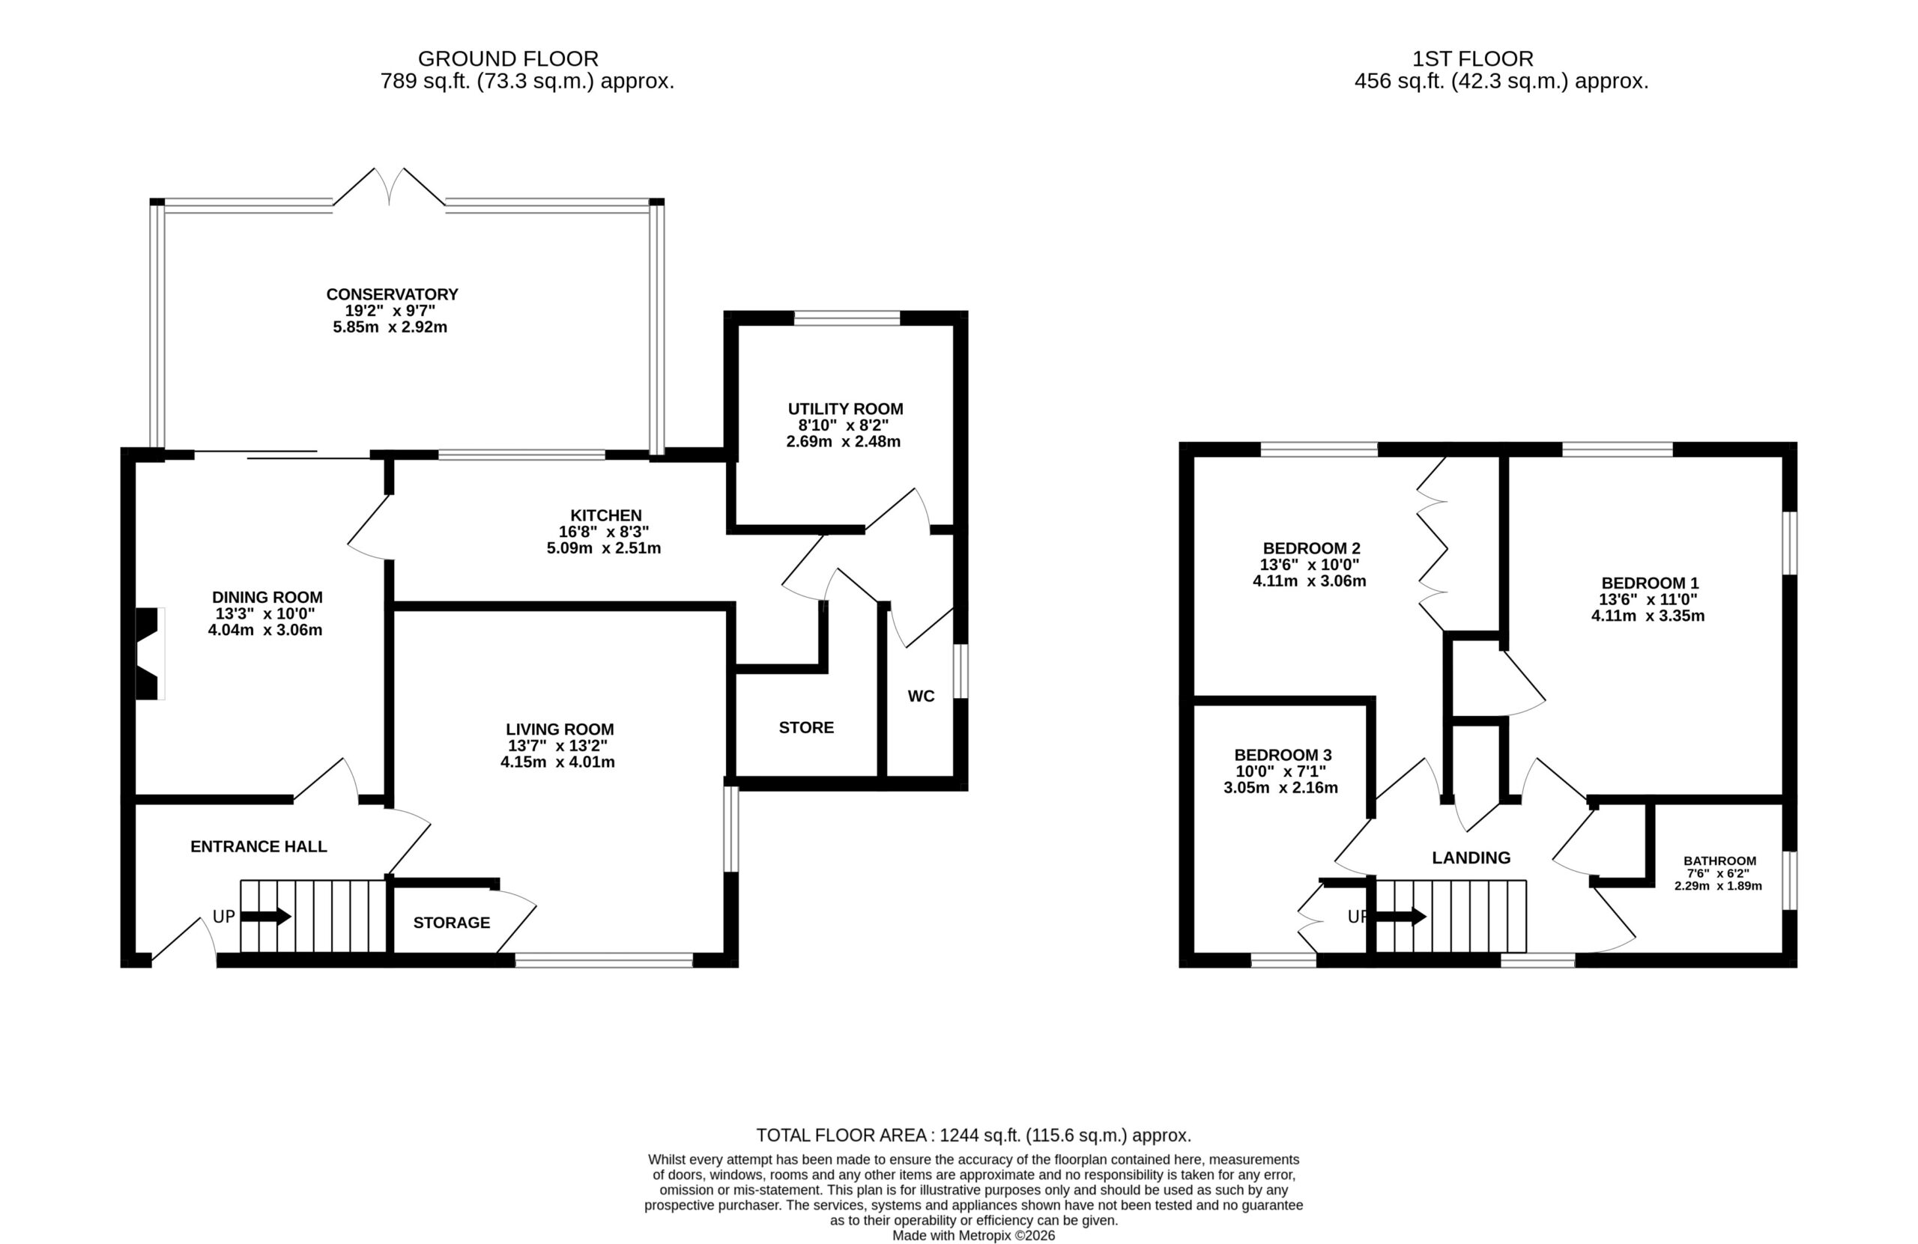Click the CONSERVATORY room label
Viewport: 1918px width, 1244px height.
(x=392, y=295)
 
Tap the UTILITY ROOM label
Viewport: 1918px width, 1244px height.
(x=845, y=409)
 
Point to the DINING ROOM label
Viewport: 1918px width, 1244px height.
(x=267, y=597)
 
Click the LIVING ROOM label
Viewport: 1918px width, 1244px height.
(x=560, y=729)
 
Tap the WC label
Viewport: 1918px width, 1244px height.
(x=921, y=696)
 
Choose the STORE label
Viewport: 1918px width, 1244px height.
(x=806, y=727)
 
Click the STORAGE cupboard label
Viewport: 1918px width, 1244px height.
(x=451, y=923)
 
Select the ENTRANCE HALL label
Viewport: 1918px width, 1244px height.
(x=258, y=846)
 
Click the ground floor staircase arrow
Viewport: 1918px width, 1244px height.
(x=266, y=916)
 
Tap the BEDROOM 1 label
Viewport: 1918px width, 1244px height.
(x=1650, y=583)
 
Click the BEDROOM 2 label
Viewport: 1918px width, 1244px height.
(x=1311, y=549)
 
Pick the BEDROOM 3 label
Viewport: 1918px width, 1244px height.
(x=1283, y=755)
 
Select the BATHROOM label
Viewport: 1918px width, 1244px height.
(x=1719, y=861)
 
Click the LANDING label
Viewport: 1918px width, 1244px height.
(x=1471, y=858)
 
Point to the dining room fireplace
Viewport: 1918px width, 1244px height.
(x=149, y=653)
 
